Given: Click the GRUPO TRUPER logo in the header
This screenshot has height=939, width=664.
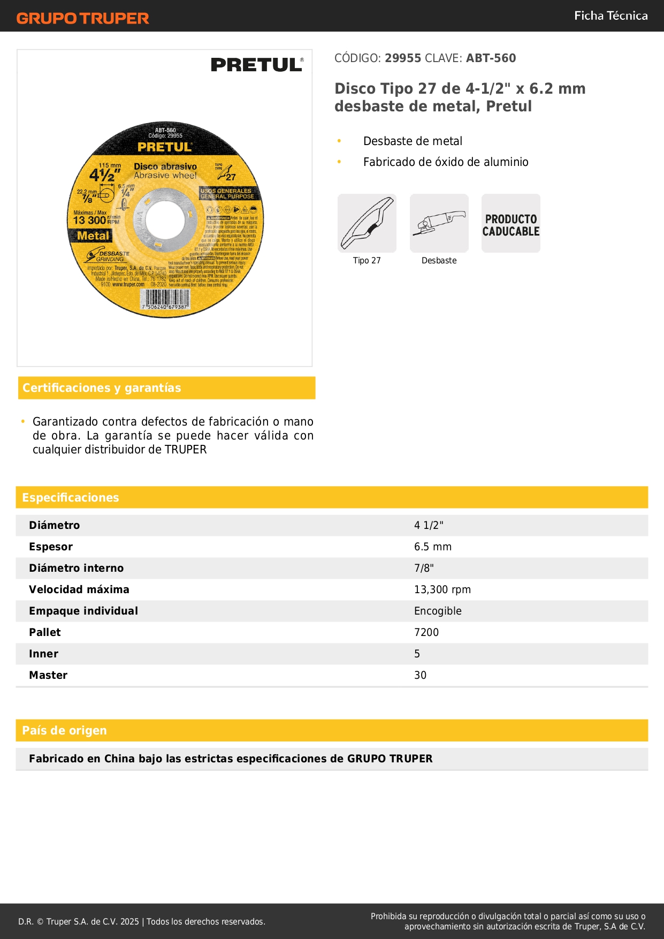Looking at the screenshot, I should [82, 18].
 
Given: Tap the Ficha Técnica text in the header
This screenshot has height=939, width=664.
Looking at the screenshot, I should [610, 16].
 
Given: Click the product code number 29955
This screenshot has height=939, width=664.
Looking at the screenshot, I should [403, 58].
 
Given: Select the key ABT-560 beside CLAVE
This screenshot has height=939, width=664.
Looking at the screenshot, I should [491, 58].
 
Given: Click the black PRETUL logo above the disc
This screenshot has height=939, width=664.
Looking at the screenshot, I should [257, 65].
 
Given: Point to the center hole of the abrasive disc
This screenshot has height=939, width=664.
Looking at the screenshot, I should [165, 219].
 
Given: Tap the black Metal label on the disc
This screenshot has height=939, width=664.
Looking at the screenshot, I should [93, 236].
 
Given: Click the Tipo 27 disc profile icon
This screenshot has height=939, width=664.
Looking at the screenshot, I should [367, 223].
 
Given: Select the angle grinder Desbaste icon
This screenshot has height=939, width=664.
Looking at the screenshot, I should [439, 223].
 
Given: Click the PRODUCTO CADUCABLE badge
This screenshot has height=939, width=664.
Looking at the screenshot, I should [511, 225].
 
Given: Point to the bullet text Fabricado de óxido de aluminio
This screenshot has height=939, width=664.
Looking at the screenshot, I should [446, 162].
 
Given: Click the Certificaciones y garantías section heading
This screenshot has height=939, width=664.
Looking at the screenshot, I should [102, 388].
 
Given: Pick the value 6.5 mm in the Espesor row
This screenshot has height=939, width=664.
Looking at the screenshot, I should [432, 547].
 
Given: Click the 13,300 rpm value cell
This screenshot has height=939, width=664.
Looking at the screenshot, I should [442, 589].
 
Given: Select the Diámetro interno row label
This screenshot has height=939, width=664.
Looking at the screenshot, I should [76, 568].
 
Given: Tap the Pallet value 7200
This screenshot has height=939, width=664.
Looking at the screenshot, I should [426, 632].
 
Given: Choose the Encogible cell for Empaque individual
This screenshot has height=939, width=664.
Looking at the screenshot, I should [437, 611].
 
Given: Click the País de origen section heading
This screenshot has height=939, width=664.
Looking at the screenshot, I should [64, 731].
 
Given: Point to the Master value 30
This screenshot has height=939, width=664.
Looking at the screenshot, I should [420, 675].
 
